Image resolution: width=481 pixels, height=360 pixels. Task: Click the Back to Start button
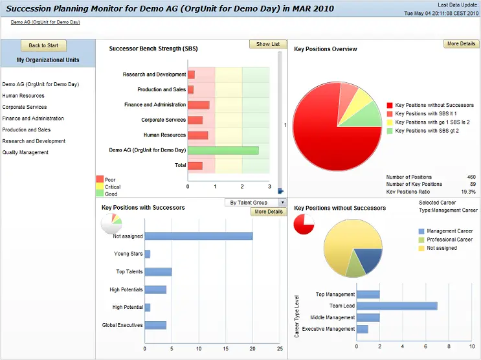pos(43,45)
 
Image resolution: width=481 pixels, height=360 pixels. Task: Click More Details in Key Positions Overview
pos(461,44)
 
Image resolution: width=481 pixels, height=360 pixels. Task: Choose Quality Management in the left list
pos(25,153)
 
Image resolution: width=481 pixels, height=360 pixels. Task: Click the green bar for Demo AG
pos(223,150)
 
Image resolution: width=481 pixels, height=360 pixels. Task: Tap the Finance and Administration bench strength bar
pos(199,105)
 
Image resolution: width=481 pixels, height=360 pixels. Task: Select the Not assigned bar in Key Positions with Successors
pos(198,236)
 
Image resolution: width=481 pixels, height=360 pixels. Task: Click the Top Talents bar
pos(158,272)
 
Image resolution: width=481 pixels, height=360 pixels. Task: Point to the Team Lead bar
pos(397,306)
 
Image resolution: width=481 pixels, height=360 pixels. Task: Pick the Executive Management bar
pos(362,329)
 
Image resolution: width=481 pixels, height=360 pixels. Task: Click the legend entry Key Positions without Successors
pos(434,105)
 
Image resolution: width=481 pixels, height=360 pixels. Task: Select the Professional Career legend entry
pos(449,240)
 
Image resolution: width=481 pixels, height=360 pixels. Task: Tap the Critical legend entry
pos(113,186)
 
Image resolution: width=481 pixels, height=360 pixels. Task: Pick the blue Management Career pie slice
pos(370,259)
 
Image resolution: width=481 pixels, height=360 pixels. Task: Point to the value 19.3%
pos(467,192)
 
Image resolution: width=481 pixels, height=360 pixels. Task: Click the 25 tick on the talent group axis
pos(280,348)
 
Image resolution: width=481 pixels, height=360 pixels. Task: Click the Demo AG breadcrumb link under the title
pos(45,22)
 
